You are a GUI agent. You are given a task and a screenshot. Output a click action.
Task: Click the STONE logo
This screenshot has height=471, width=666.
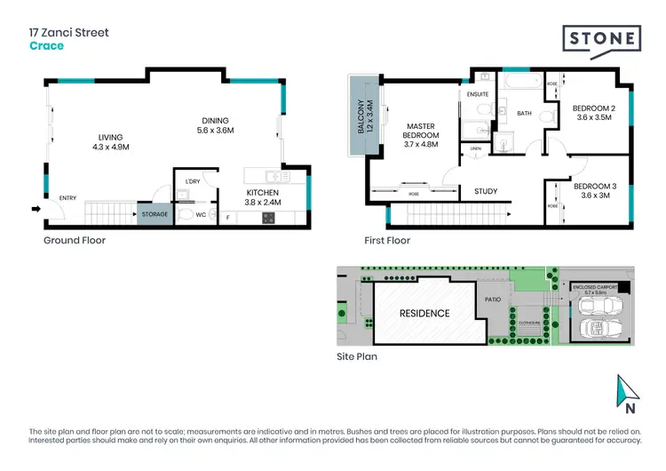click(x=600, y=40)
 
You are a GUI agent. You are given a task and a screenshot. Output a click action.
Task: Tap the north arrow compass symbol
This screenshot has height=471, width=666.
click(x=628, y=389)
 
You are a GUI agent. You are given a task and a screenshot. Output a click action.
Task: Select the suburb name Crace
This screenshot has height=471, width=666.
click(x=47, y=45)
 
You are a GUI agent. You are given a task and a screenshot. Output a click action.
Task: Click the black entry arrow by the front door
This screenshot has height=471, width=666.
click(x=36, y=210)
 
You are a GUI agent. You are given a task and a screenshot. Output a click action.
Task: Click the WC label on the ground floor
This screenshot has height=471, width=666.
click(x=201, y=213)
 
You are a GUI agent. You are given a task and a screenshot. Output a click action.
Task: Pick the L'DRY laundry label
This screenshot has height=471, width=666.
click(x=193, y=182)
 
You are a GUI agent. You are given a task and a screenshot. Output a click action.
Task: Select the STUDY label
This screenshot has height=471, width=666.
click(x=485, y=191)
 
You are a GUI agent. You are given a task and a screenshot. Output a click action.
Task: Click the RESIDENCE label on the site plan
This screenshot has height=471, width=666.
click(x=424, y=313)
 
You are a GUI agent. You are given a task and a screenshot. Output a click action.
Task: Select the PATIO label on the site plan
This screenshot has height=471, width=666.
click(x=492, y=299)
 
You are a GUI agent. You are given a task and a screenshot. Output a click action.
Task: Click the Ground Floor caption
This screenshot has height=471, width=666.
click(x=75, y=240)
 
